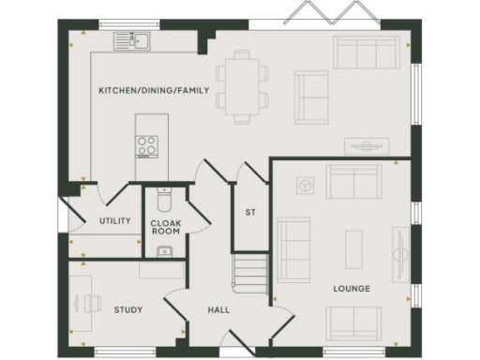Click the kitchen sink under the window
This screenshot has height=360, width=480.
[132, 40]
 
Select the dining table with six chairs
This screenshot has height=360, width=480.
[242, 85]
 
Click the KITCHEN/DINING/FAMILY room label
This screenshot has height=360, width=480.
[141, 91]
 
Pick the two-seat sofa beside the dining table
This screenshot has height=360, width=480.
[311, 97]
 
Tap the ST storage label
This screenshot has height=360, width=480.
[250, 213]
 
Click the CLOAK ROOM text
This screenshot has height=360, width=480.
[165, 226]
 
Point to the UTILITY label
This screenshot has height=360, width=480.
[115, 221]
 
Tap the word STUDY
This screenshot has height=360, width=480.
[127, 309]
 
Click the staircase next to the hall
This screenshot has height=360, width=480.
[249, 275]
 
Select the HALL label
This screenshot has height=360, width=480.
[218, 309]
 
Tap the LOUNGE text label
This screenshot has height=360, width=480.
[351, 289]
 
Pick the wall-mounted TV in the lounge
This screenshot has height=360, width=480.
[404, 253]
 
